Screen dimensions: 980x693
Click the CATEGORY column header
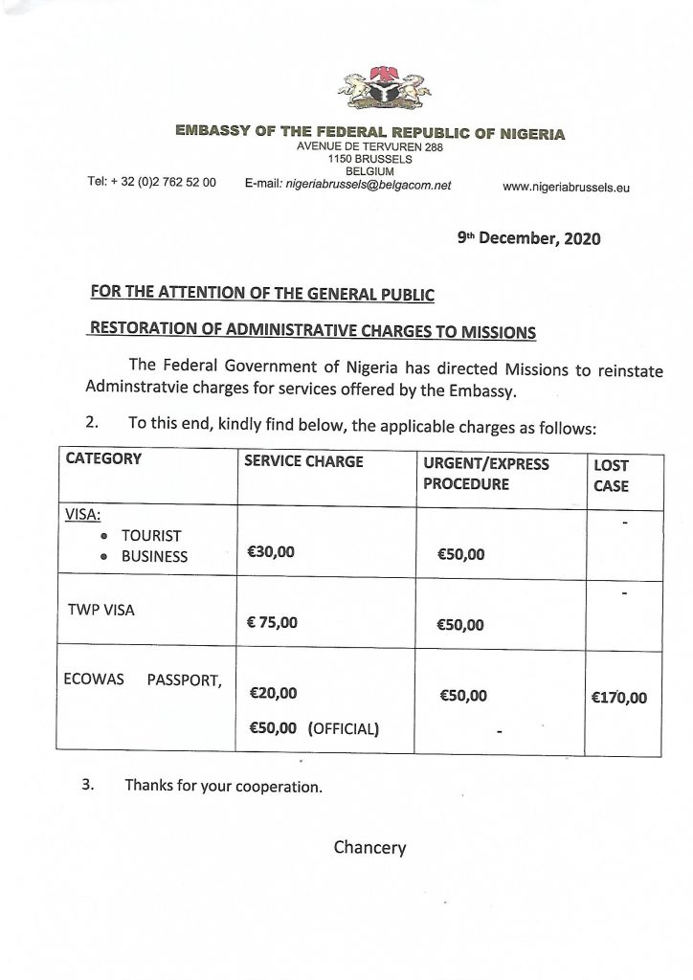(x=103, y=459)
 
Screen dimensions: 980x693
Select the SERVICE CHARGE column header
(x=304, y=461)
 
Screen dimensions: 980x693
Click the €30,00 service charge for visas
(x=272, y=552)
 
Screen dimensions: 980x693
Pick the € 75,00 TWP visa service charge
(x=273, y=623)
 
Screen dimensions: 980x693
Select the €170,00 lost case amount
(x=619, y=698)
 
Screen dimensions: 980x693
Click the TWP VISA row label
(x=101, y=609)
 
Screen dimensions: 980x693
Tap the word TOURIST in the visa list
(x=151, y=535)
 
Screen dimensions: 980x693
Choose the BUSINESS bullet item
(x=154, y=556)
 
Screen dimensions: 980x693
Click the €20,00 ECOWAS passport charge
(x=273, y=692)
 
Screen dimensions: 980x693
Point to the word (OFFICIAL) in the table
(x=344, y=728)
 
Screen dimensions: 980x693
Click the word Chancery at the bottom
(x=369, y=847)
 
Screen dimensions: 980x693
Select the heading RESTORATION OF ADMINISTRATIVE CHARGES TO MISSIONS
(x=313, y=331)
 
